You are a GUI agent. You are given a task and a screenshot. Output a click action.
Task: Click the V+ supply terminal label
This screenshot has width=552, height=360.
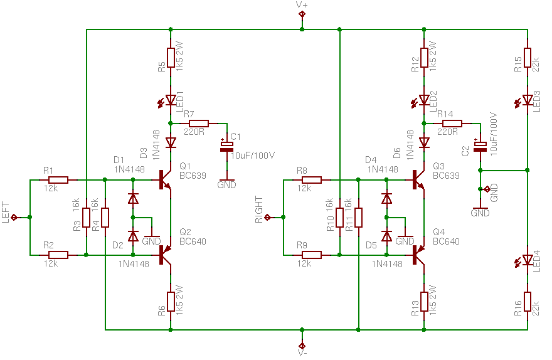pyautogui.click(x=302, y=4)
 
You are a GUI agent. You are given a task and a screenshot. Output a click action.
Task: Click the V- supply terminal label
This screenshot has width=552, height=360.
pyautogui.click(x=302, y=353)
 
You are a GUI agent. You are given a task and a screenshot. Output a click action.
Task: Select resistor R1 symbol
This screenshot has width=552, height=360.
pyautogui.click(x=58, y=180)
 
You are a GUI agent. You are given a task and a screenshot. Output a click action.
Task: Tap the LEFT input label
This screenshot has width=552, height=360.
pyautogui.click(x=6, y=212)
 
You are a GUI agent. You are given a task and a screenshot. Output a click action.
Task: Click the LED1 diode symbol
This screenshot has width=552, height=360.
pyautogui.click(x=171, y=100)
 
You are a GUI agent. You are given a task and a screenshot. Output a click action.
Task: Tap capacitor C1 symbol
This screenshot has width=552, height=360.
pyautogui.click(x=226, y=146)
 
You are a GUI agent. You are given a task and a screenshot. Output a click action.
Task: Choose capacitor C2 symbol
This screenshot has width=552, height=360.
pyautogui.click(x=480, y=146)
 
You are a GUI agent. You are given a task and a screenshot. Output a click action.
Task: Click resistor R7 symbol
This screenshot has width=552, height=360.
pyautogui.click(x=199, y=124)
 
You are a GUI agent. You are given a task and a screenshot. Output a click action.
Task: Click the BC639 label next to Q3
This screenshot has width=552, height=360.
pyautogui.click(x=446, y=176)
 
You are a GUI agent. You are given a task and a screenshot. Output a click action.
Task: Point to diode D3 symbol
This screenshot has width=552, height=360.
pyautogui.click(x=171, y=143)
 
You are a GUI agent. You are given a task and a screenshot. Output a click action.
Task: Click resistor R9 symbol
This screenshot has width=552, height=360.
pyautogui.click(x=312, y=255)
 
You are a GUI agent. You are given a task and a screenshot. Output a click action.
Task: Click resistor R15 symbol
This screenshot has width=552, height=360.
pyautogui.click(x=527, y=57)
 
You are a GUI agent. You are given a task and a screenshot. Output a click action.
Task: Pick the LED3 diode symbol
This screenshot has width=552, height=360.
pyautogui.click(x=527, y=100)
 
